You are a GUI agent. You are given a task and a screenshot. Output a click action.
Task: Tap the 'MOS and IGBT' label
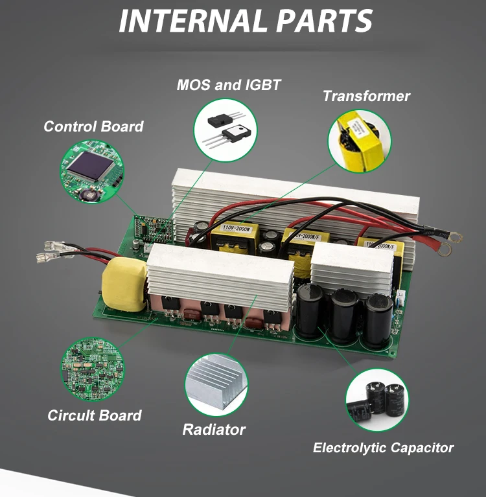point(229,85)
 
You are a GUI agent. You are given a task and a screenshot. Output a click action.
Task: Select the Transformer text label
point(366,97)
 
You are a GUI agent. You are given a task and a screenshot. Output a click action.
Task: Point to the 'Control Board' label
point(93,126)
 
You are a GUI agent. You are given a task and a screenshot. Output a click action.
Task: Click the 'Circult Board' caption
point(95,415)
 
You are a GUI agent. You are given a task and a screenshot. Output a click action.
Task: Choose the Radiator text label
point(214,429)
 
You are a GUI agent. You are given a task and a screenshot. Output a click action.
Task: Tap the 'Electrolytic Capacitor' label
point(383,448)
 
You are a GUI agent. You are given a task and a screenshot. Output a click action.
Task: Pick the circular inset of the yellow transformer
point(360,141)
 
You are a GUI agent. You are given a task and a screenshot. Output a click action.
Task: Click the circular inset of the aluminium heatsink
point(216,387)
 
